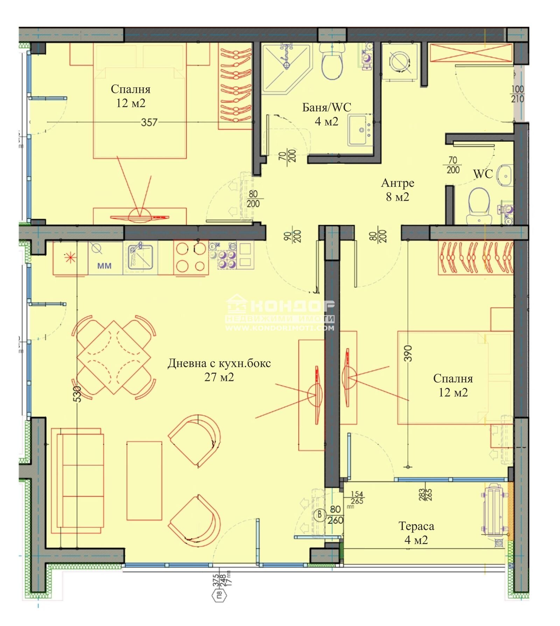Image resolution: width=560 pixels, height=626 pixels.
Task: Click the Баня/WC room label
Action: coord(326,108)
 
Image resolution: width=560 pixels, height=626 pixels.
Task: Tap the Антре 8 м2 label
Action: coord(397,190)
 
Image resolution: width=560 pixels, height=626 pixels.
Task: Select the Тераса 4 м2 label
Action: coord(416,533)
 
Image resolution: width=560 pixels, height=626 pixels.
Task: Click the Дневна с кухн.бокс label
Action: coord(219,364)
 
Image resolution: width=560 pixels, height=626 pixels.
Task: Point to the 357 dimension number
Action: coord(149,122)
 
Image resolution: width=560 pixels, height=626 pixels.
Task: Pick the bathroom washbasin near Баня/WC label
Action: coord(359,130)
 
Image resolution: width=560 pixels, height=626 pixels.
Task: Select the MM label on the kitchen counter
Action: coord(104,266)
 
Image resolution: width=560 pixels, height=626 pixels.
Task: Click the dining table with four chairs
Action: coord(113,357)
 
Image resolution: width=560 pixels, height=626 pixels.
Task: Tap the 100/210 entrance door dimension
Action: coord(517,94)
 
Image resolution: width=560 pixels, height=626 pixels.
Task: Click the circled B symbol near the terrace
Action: coord(319,515)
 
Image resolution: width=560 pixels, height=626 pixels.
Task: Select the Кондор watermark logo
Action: coord(280,312)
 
